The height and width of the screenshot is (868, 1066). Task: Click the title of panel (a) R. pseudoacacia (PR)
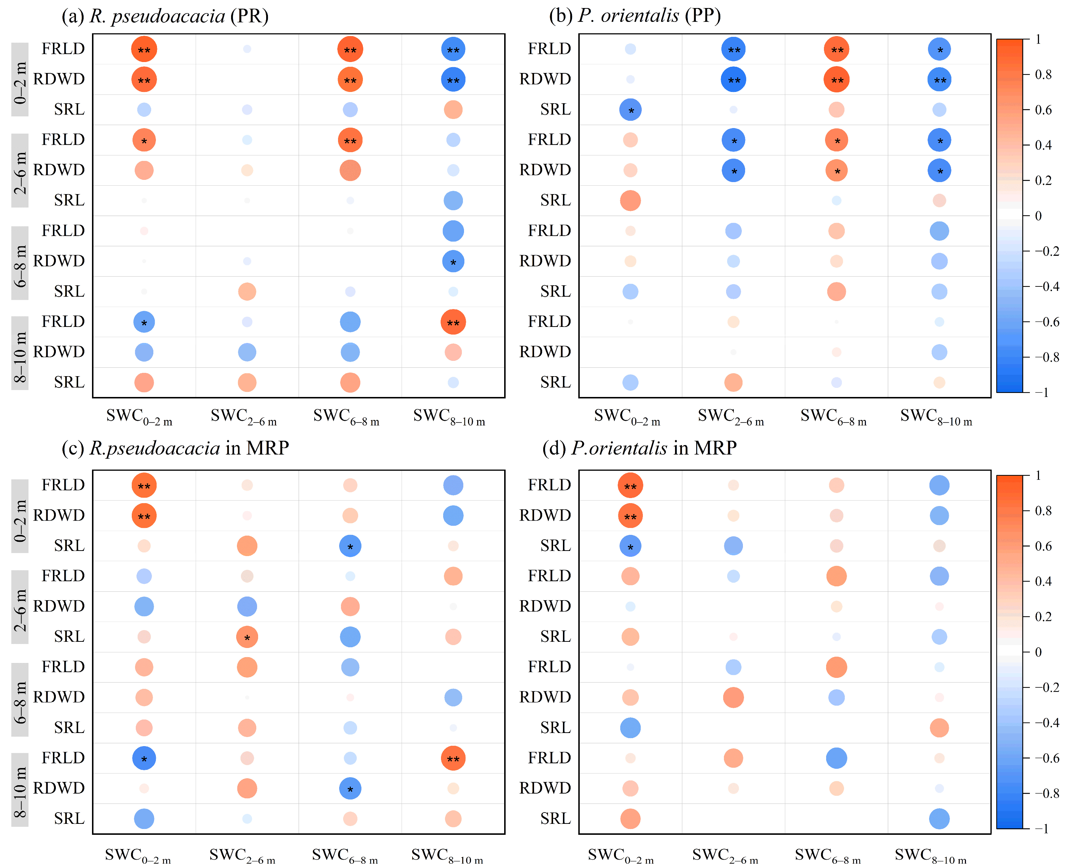pyautogui.click(x=165, y=16)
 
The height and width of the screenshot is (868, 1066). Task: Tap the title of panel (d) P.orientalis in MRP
pyautogui.click(x=639, y=448)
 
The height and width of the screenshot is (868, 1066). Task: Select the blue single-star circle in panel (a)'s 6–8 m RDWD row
pyautogui.click(x=453, y=262)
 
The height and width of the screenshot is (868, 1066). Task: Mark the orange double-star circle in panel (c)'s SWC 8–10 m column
pyautogui.click(x=453, y=759)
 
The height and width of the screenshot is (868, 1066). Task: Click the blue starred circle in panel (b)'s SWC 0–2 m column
pyautogui.click(x=630, y=110)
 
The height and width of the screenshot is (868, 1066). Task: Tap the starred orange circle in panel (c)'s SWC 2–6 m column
pyautogui.click(x=247, y=637)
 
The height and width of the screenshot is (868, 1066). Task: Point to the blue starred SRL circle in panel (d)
pyautogui.click(x=630, y=546)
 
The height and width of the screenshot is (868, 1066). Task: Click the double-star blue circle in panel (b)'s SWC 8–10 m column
pyautogui.click(x=939, y=80)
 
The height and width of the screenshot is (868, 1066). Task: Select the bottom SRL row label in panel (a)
pyautogui.click(x=69, y=382)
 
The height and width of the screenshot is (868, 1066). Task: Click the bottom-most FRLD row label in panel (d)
pyautogui.click(x=549, y=758)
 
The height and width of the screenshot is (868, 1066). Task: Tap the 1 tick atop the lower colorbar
pyautogui.click(x=1039, y=475)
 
